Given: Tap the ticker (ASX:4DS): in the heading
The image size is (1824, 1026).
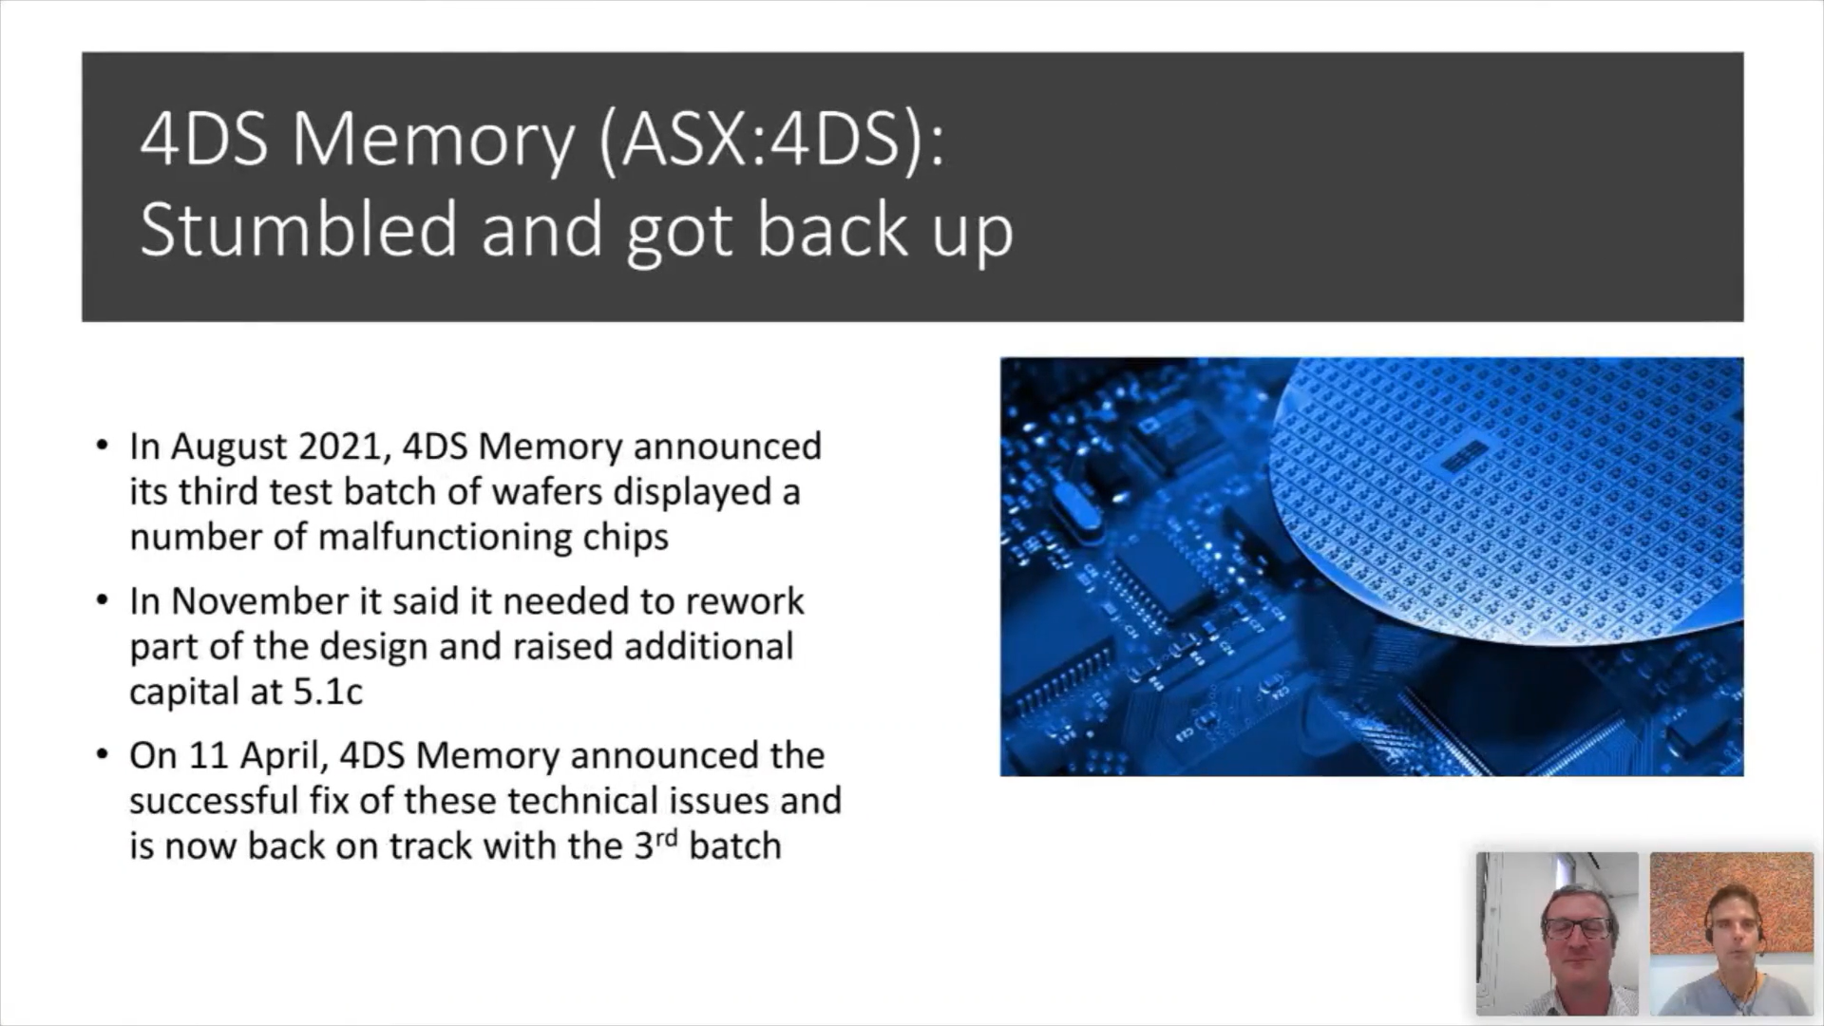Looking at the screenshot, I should pos(772,140).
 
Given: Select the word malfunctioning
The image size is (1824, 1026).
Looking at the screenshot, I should pos(445,538).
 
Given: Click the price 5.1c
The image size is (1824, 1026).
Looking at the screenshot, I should pos(328,692).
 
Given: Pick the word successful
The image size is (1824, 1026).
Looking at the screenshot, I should pos(214,801).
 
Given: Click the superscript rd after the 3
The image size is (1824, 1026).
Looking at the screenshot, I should pos(667,838).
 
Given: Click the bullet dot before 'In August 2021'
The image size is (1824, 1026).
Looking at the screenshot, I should pos(103,445).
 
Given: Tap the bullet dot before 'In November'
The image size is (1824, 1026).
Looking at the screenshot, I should pos(103,599).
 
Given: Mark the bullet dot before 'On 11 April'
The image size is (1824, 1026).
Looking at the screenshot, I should pos(103,754).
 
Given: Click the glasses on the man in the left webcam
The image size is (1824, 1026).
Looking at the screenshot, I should pos(1578,926).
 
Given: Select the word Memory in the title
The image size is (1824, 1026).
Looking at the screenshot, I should pos(433,140).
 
